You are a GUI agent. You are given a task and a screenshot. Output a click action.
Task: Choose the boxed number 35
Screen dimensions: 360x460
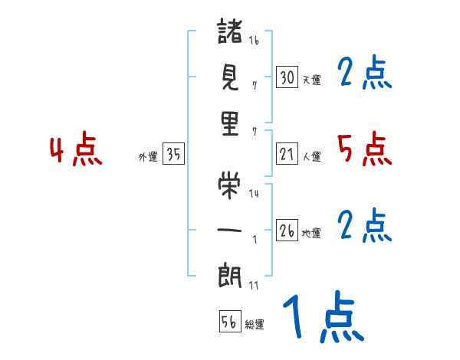tap(173, 155)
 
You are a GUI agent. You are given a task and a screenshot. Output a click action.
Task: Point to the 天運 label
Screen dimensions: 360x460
tap(311, 80)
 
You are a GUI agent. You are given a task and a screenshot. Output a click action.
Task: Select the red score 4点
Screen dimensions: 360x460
tap(76, 151)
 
